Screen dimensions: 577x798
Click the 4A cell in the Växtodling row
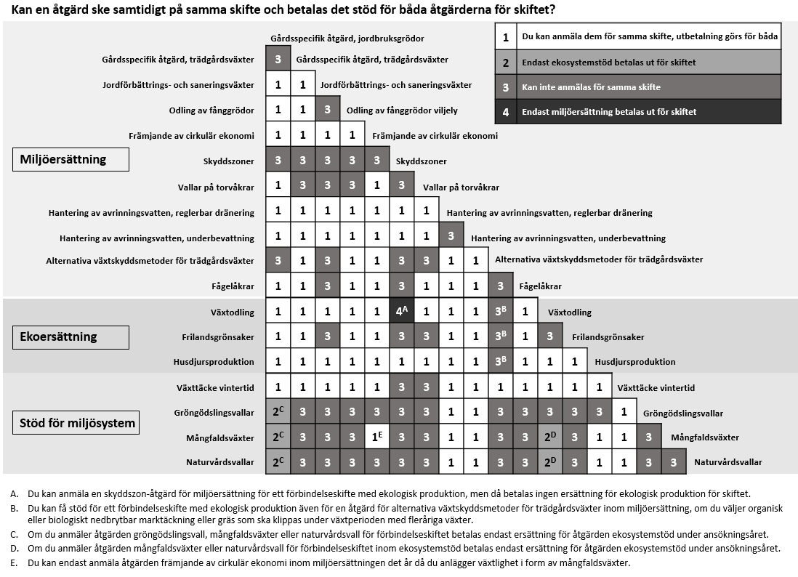[401, 312]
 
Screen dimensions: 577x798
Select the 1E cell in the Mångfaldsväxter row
[377, 437]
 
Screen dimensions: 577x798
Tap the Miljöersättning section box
[70, 159]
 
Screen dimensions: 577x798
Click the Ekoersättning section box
[70, 336]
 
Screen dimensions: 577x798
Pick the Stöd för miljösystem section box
[76, 422]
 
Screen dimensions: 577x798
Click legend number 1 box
[505, 36]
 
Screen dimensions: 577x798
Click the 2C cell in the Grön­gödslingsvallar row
[278, 412]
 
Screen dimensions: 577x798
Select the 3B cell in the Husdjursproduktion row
[500, 361]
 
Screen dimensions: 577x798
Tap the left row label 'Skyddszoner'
[228, 161]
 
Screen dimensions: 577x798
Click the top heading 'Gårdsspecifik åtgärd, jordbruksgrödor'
[347, 38]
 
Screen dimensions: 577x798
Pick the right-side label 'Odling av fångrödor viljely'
[402, 110]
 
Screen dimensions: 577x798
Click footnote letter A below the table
[15, 494]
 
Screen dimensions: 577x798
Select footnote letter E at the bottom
[15, 563]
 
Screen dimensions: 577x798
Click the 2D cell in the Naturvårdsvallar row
[550, 461]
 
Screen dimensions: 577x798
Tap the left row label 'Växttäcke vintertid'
[215, 387]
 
